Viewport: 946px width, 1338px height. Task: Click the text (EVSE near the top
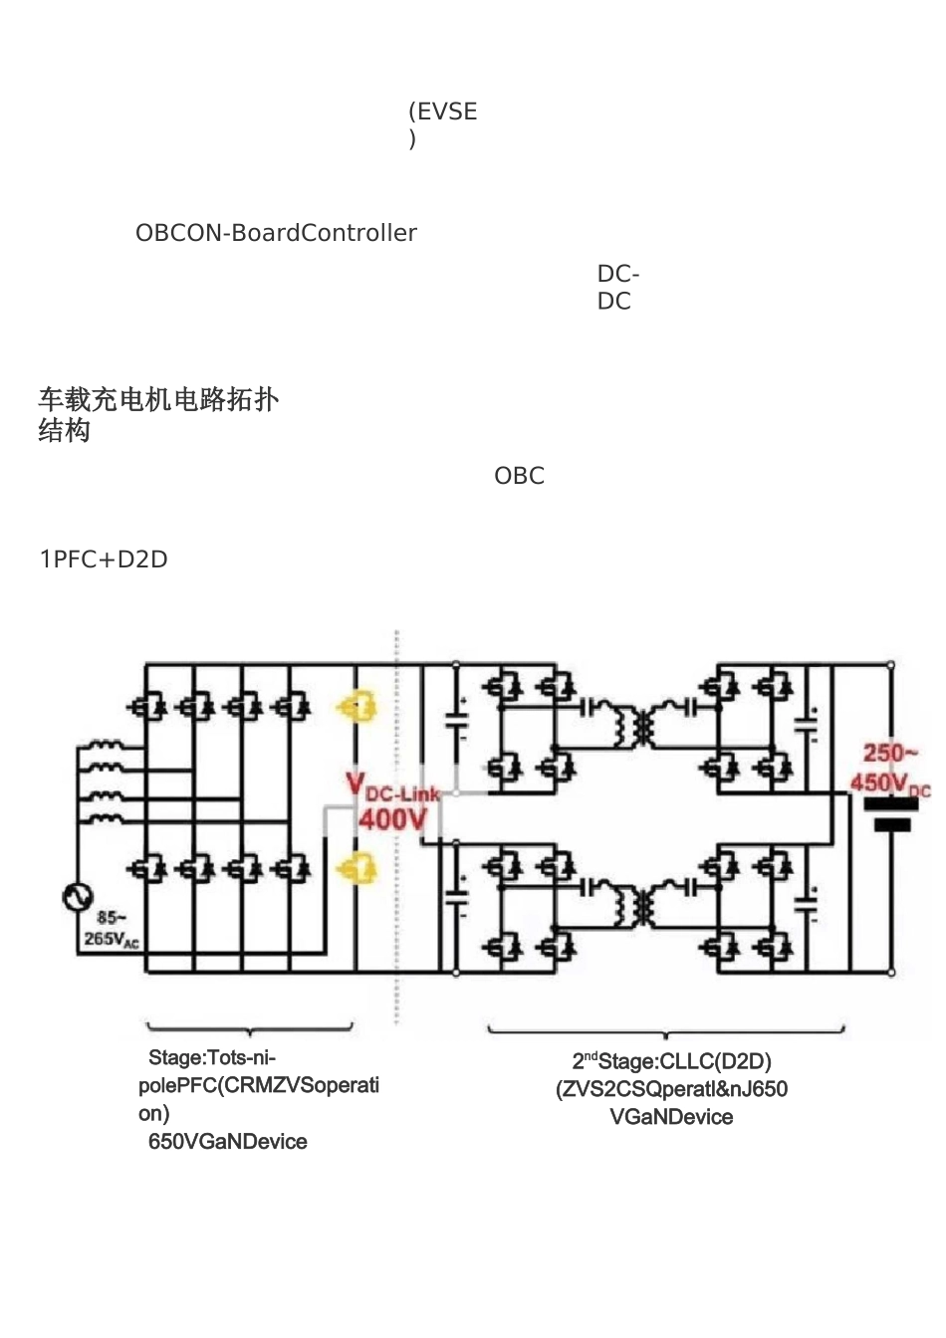pos(443,111)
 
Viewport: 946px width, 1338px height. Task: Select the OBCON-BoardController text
pos(276,233)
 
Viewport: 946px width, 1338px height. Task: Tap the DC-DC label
pos(617,287)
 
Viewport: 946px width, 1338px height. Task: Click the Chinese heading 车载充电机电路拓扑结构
pos(157,414)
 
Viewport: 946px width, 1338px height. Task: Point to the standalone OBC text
pos(519,476)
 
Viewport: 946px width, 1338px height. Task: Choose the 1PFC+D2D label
pos(104,559)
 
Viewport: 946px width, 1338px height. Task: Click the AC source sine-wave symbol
pos(77,896)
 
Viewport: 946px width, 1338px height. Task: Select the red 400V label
pos(391,819)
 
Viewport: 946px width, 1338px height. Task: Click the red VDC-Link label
pos(392,787)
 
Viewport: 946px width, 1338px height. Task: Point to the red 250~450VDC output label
pos(889,769)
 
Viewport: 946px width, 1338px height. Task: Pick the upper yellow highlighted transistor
pos(356,707)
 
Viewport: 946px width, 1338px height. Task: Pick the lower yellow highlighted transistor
pos(356,869)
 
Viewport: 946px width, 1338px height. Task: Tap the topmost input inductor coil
pos(103,746)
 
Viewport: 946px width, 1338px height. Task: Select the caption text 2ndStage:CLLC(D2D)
pos(671,1061)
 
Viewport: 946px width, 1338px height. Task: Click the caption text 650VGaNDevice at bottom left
pos(227,1142)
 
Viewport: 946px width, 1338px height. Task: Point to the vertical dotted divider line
pos(397,826)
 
